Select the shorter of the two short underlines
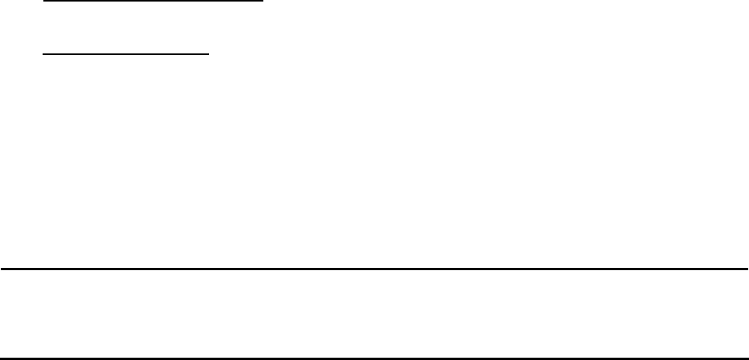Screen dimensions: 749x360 pyautogui.click(x=125, y=55)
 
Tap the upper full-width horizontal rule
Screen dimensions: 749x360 pyautogui.click(x=374, y=269)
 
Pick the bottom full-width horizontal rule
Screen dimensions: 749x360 pyautogui.click(x=374, y=358)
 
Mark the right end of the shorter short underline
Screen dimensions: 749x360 pyautogui.click(x=210, y=55)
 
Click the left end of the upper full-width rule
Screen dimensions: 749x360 pyautogui.click(x=1, y=269)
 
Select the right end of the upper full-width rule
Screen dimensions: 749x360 pyautogui.click(x=747, y=269)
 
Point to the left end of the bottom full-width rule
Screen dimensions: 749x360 pyautogui.click(x=1, y=358)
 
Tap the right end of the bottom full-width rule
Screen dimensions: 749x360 pyautogui.click(x=747, y=358)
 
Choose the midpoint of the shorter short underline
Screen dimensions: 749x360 pyautogui.click(x=125, y=55)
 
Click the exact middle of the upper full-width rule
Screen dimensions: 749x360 pyautogui.click(x=374, y=269)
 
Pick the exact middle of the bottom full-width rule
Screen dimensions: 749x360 pyautogui.click(x=374, y=358)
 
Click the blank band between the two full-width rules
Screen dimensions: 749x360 pyautogui.click(x=374, y=314)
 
